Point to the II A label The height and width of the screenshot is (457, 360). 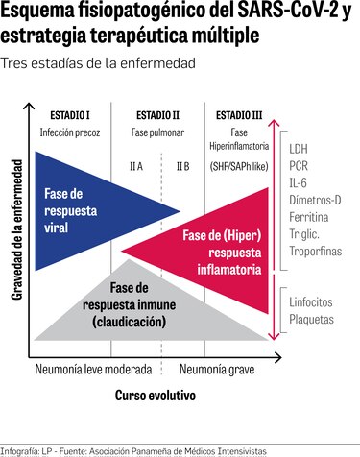click(136, 166)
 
